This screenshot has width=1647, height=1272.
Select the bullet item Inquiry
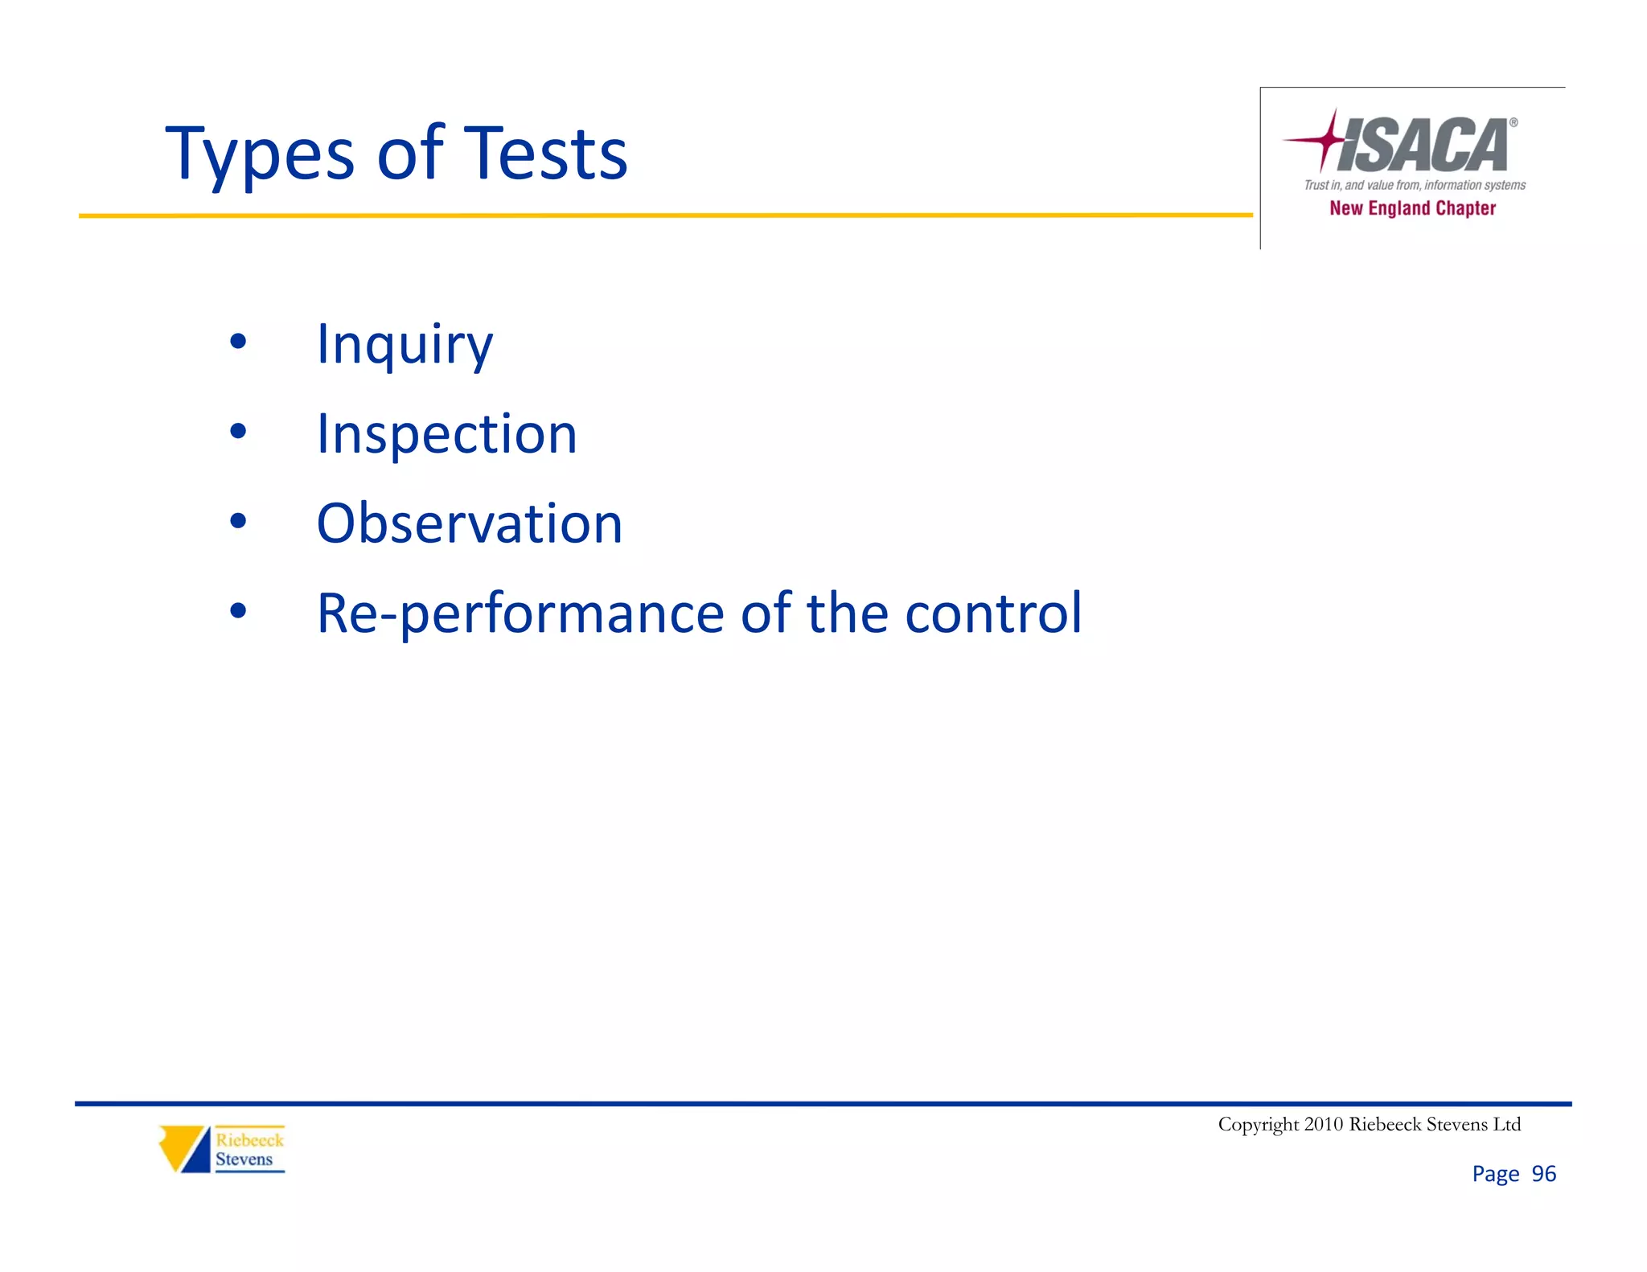(405, 345)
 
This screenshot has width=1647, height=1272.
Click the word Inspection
(446, 434)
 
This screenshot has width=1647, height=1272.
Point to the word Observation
(470, 523)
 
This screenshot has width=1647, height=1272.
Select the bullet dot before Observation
(238, 522)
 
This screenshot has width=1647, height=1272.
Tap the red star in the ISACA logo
(1325, 140)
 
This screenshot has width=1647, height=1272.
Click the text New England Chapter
(1412, 208)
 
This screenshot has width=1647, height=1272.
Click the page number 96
(1543, 1174)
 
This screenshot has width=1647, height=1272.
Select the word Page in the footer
(1495, 1175)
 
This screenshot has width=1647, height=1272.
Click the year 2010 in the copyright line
(1323, 1124)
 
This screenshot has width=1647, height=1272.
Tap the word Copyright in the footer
(1258, 1124)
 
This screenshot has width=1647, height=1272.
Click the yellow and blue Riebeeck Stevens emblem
(184, 1149)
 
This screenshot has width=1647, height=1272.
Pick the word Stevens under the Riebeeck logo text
(244, 1159)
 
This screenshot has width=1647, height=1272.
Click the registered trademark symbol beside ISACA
(1513, 123)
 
